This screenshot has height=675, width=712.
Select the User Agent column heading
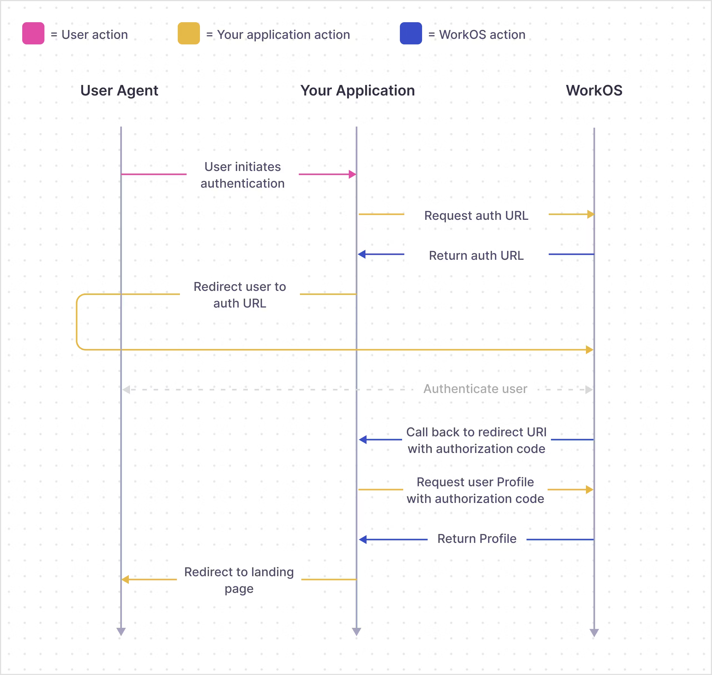pyautogui.click(x=119, y=90)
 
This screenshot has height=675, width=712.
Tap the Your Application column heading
pyautogui.click(x=357, y=90)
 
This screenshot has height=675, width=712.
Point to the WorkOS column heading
pyautogui.click(x=594, y=90)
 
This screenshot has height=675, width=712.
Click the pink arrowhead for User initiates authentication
pyautogui.click(x=352, y=175)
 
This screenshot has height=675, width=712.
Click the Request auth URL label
pyautogui.click(x=476, y=216)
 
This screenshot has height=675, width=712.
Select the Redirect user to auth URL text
pyautogui.click(x=240, y=295)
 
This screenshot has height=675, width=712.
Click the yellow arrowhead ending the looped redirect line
pyautogui.click(x=589, y=350)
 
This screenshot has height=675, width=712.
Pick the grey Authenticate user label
pyautogui.click(x=475, y=389)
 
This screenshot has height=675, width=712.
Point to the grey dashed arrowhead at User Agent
pyautogui.click(x=126, y=390)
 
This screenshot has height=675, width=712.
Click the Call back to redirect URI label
pyautogui.click(x=476, y=440)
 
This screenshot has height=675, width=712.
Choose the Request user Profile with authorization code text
pyautogui.click(x=475, y=490)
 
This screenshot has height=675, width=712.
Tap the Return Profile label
pyautogui.click(x=477, y=539)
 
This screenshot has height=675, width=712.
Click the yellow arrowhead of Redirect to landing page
pyautogui.click(x=125, y=579)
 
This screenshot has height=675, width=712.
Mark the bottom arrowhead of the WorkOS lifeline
pyautogui.click(x=594, y=633)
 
